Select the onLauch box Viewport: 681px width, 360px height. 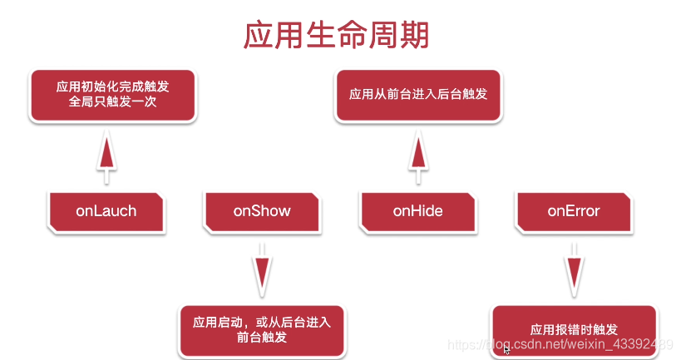pyautogui.click(x=106, y=211)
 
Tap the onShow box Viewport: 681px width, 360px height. pyautogui.click(x=262, y=211)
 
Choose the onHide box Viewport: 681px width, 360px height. pyautogui.click(x=417, y=211)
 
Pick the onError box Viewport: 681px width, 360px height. pyautogui.click(x=573, y=211)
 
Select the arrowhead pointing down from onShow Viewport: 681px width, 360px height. pyautogui.click(x=262, y=271)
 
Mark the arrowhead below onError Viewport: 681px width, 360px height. pyautogui.click(x=573, y=271)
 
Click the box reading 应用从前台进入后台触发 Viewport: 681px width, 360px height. pyautogui.click(x=417, y=95)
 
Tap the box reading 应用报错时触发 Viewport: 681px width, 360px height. pyautogui.click(x=574, y=330)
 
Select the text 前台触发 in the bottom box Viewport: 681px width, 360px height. pyautogui.click(x=261, y=338)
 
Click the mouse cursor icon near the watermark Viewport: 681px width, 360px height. pyautogui.click(x=506, y=350)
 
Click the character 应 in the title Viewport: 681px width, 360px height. pyautogui.click(x=258, y=35)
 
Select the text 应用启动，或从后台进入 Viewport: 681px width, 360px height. pyautogui.click(x=261, y=322)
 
